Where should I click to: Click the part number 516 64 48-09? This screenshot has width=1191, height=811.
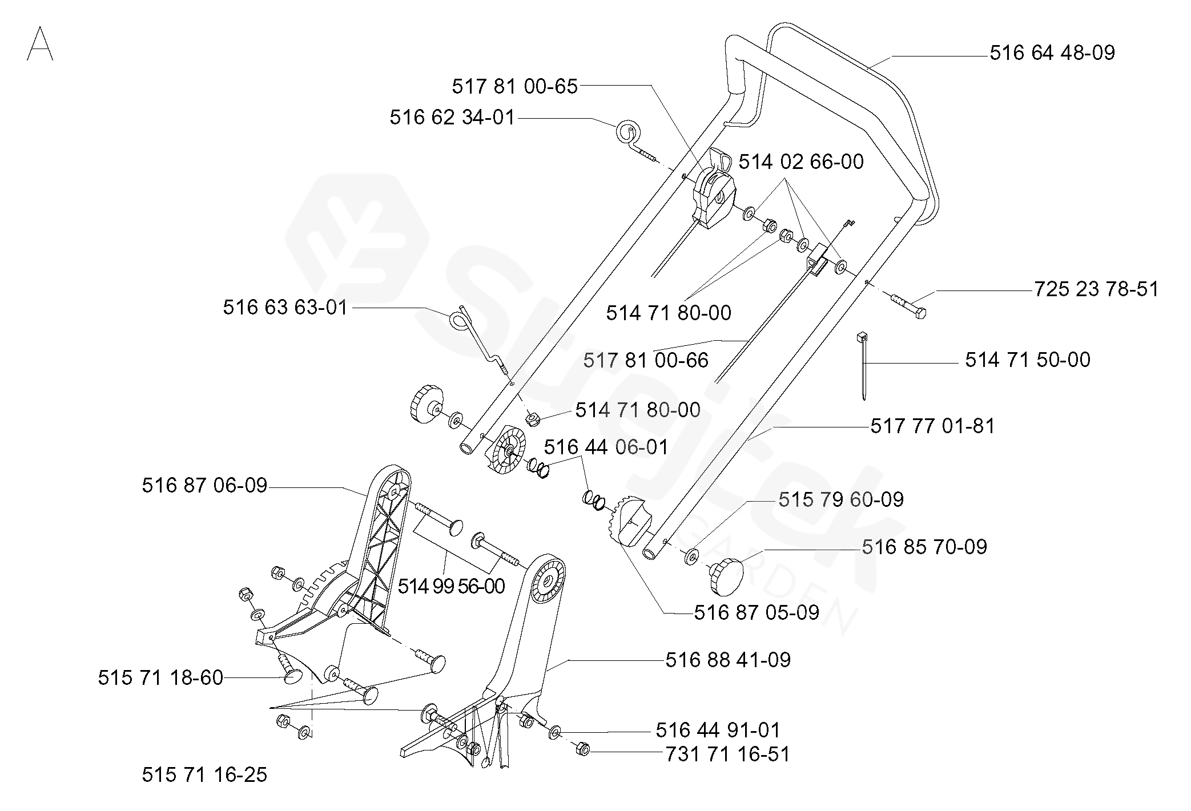(1052, 53)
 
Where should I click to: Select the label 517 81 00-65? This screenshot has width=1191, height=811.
(515, 87)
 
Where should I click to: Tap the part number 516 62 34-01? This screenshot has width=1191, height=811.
(452, 118)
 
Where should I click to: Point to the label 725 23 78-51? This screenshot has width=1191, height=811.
(1097, 289)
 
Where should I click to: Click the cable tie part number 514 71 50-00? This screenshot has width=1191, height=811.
(1028, 360)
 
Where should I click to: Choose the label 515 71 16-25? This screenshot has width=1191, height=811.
(204, 774)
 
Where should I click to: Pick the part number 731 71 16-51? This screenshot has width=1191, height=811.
(728, 754)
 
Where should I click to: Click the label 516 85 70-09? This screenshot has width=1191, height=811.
(924, 547)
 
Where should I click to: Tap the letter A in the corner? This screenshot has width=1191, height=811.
(40, 43)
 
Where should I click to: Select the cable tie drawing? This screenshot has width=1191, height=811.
(862, 365)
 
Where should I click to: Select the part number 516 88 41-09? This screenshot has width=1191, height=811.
(728, 660)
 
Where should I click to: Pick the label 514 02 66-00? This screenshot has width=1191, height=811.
(801, 162)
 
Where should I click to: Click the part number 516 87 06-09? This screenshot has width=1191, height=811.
(204, 485)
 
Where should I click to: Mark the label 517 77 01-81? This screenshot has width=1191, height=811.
(932, 426)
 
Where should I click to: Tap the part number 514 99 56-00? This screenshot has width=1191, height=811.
(451, 586)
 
